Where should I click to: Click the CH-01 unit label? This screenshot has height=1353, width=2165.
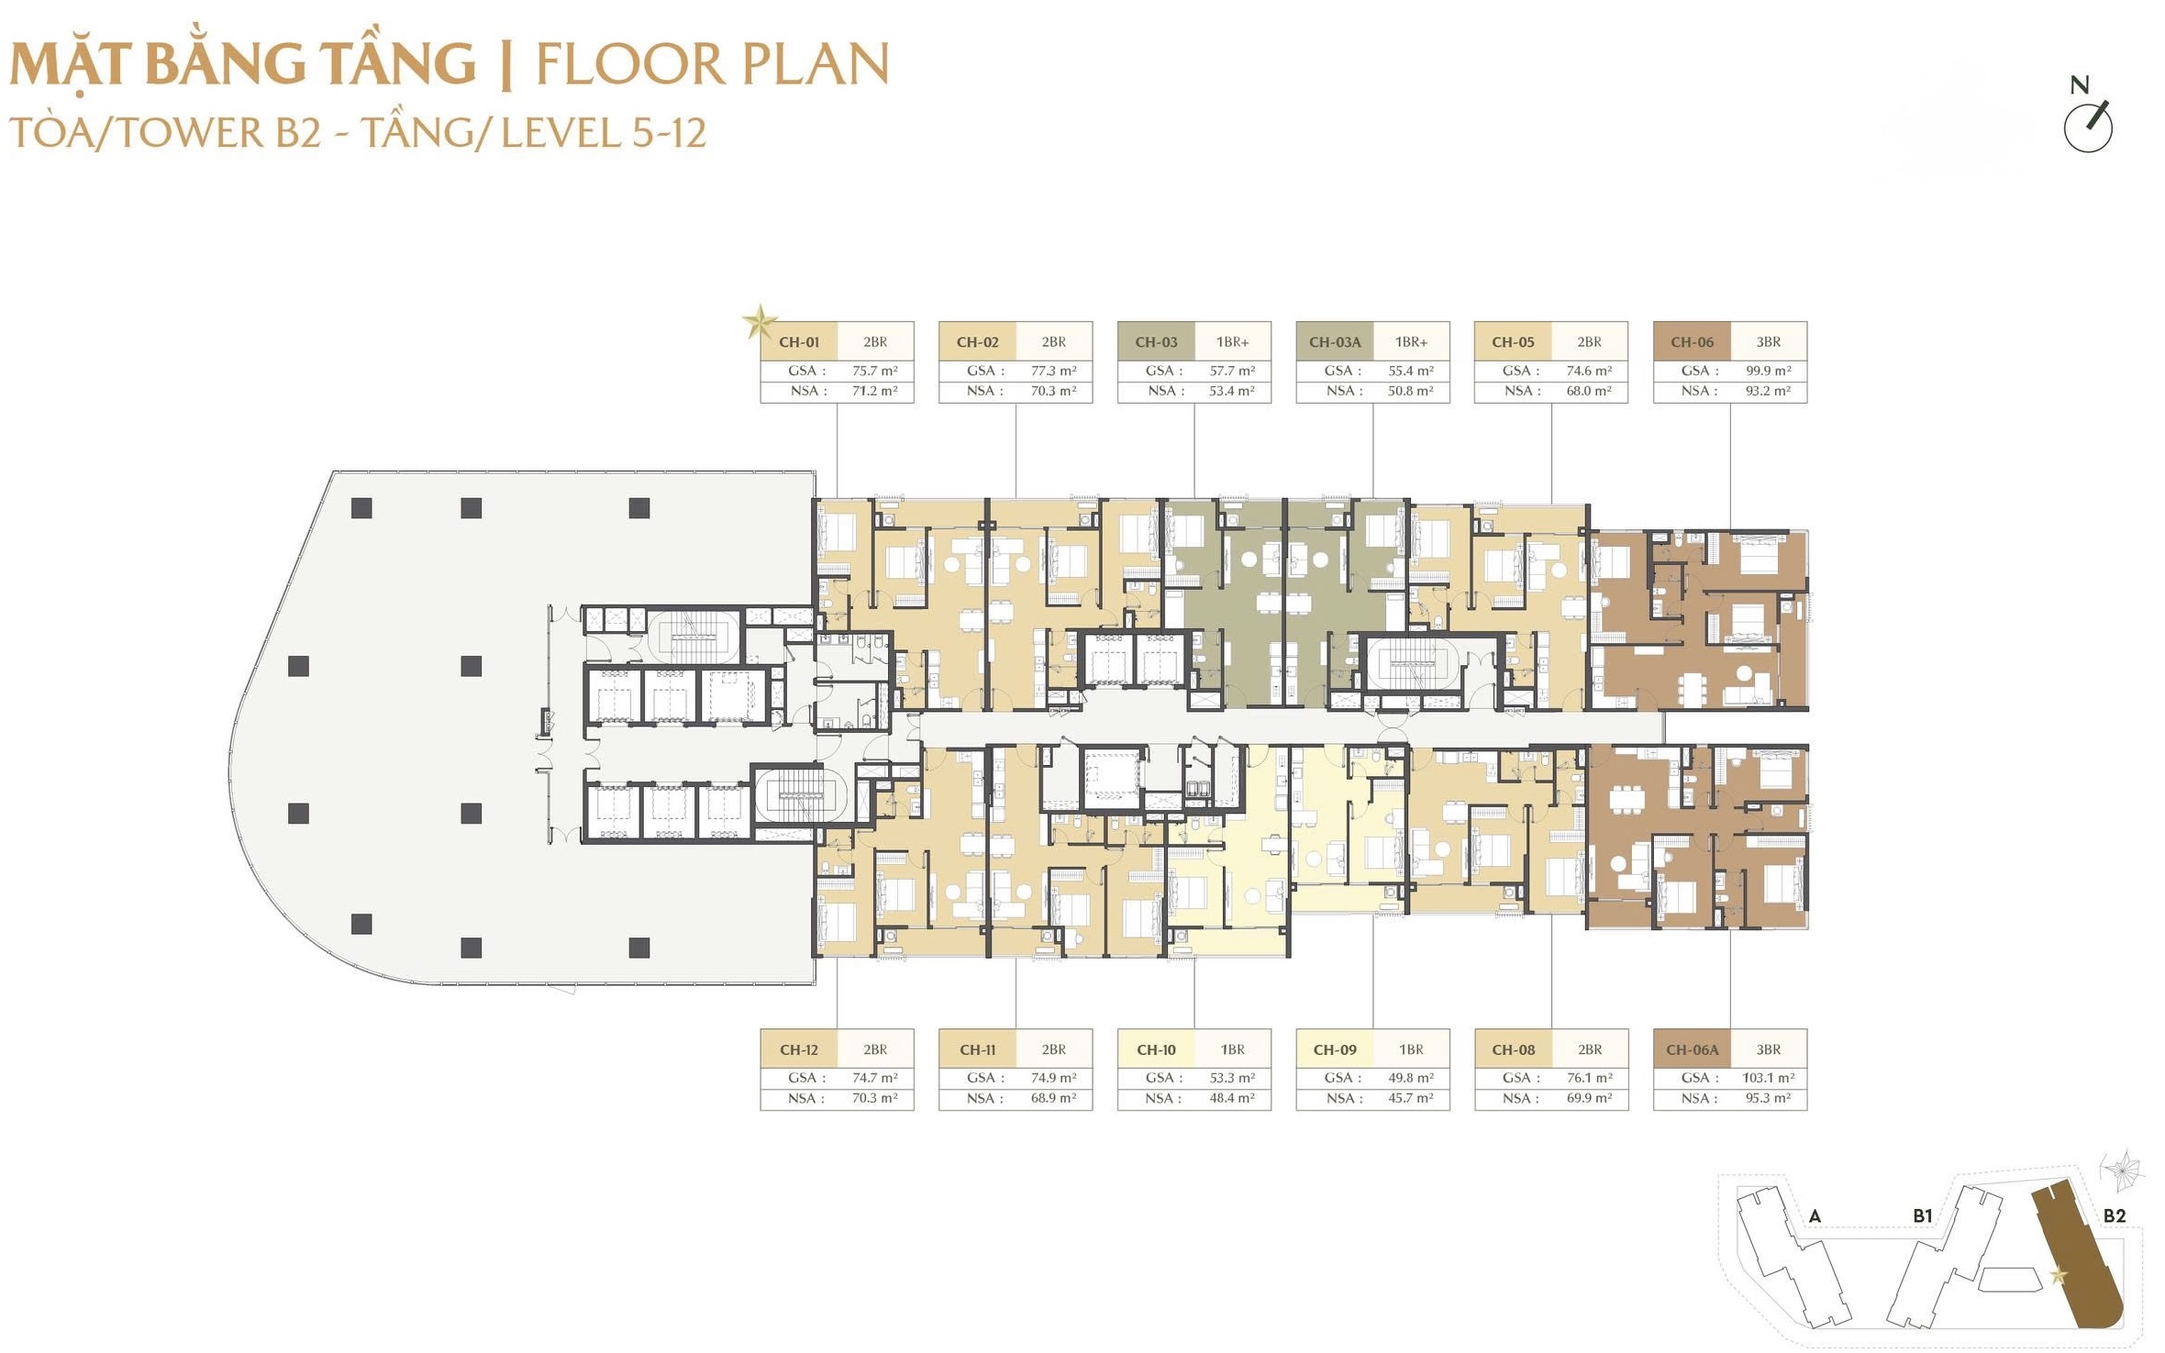798,342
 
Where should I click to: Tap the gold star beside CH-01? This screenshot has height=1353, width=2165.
759,322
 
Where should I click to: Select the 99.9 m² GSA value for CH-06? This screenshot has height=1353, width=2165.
1767,371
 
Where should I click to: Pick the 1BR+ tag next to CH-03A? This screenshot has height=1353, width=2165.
1411,342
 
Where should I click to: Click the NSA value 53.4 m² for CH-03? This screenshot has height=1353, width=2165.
1231,391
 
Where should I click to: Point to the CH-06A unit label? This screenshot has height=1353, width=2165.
1692,1049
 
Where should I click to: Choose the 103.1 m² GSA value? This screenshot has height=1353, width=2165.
1767,1078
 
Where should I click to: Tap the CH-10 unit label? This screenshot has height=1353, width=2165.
1156,1049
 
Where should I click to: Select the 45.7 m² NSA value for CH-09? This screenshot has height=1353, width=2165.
1410,1098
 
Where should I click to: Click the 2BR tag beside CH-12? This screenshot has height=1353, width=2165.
875,1049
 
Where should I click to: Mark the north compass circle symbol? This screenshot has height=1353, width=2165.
2088,128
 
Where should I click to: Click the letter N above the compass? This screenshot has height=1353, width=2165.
2079,85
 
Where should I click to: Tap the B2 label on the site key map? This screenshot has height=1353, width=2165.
2114,1215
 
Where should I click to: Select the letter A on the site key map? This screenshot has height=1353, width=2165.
1815,1216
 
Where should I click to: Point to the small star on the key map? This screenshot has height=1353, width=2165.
2059,1275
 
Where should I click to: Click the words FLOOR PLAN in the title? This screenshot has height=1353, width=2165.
712,64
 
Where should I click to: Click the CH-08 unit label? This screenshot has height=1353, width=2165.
1513,1049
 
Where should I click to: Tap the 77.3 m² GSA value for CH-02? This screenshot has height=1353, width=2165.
1053,371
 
